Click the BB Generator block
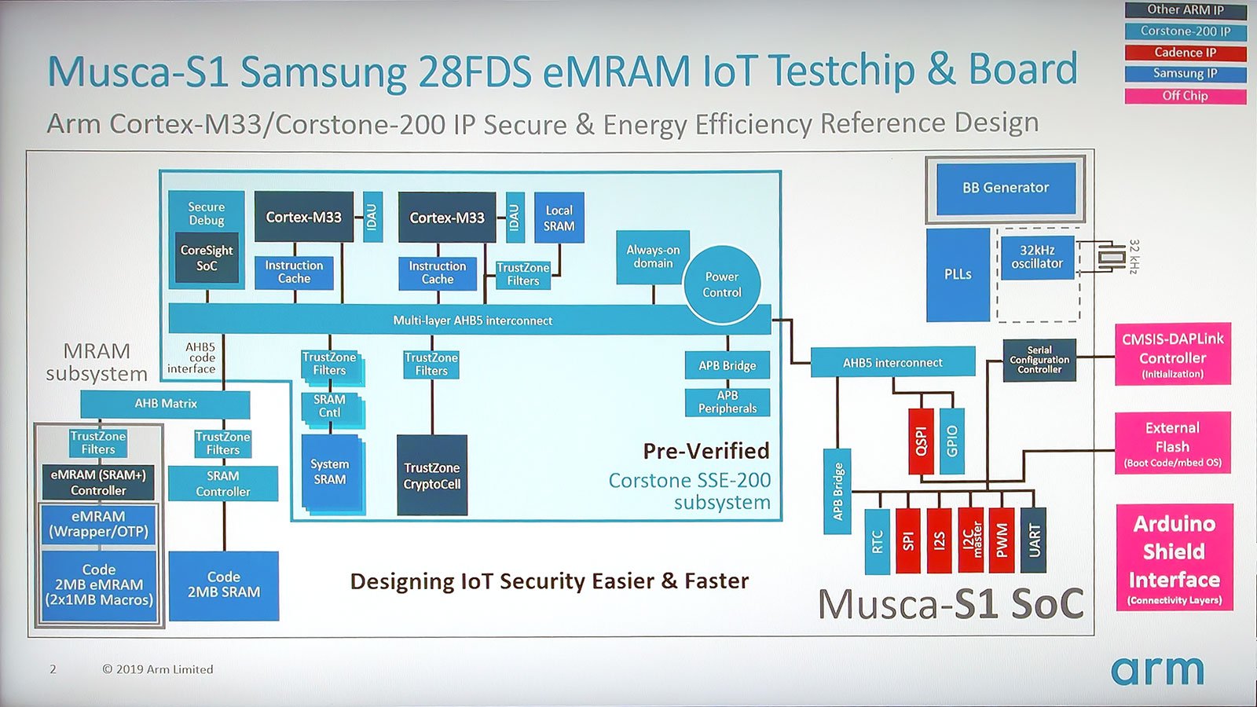point(1006,188)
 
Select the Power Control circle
point(722,284)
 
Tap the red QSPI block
point(921,441)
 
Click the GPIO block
point(951,441)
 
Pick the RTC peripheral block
point(877,541)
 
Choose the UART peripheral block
point(1033,540)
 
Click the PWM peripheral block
point(1002,540)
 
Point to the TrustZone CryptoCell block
point(432,475)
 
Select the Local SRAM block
point(559,218)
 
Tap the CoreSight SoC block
point(207,258)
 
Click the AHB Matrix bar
point(165,404)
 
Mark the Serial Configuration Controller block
point(1039,360)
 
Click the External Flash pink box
point(1172,443)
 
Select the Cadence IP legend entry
point(1186,53)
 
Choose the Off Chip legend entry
point(1186,96)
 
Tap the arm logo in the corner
point(1157,671)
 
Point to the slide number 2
point(53,669)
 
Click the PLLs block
point(958,275)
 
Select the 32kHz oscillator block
point(1038,258)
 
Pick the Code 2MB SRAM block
point(224,586)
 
